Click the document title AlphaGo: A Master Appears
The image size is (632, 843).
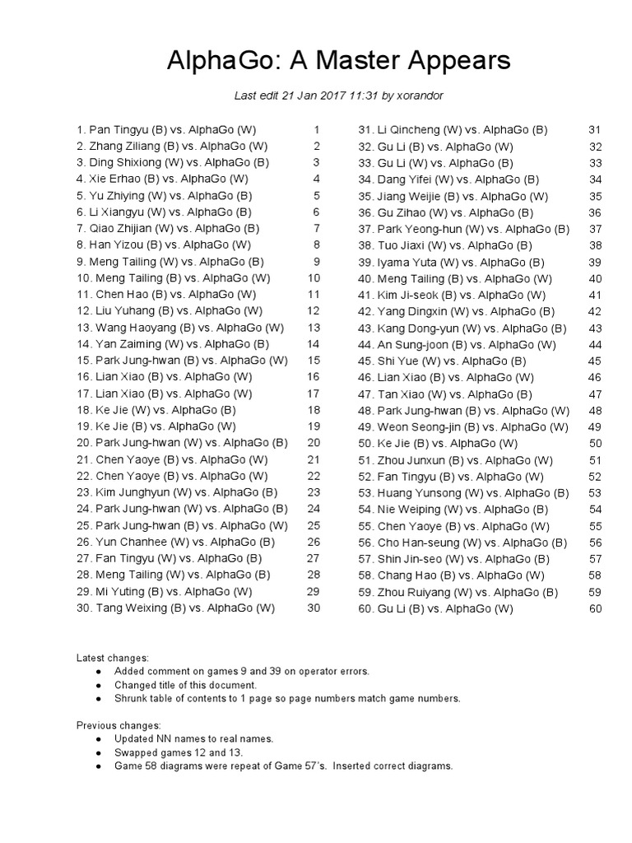click(x=338, y=61)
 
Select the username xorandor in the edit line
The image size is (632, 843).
click(x=420, y=95)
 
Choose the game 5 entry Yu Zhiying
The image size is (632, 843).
click(x=164, y=195)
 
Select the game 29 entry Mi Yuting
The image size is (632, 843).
click(x=164, y=592)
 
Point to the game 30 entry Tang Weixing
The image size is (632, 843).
click(x=175, y=608)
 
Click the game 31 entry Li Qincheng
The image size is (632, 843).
click(x=452, y=129)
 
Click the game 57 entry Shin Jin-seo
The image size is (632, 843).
click(x=452, y=559)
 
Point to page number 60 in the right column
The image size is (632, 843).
click(x=596, y=608)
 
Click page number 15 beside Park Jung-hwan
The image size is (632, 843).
click(x=314, y=361)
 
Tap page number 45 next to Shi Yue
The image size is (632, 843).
click(x=596, y=361)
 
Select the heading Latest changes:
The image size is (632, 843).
click(x=113, y=658)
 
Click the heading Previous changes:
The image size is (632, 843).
click(x=118, y=725)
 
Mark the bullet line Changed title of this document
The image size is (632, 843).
click(x=186, y=685)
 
